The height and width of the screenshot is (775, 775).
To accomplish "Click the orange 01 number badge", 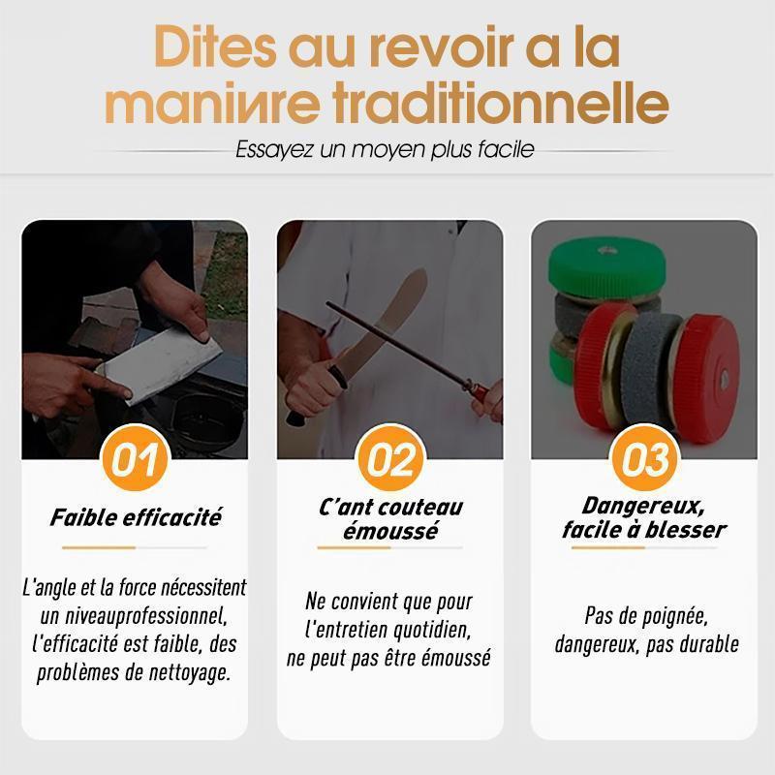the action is (x=135, y=458).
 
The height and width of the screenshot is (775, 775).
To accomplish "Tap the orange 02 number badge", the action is (x=391, y=458).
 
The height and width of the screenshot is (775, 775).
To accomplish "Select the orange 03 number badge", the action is (x=644, y=458).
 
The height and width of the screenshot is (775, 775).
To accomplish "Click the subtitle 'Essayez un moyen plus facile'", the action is (x=385, y=149).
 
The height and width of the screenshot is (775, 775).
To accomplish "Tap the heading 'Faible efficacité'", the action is (x=136, y=517).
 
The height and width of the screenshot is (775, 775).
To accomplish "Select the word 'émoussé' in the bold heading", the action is (x=390, y=531).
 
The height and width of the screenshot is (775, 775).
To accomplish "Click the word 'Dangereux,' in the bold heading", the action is (x=643, y=506).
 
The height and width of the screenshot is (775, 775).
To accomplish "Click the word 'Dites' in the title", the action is (x=215, y=47).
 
